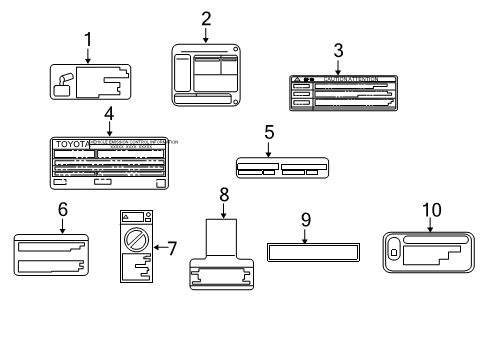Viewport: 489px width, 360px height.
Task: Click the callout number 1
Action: coord(87,40)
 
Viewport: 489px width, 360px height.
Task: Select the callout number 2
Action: coord(205,17)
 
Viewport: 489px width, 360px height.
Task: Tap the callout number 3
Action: coord(338,49)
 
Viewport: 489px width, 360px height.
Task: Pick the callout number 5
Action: coord(269,132)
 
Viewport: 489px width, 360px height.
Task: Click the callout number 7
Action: coord(171,246)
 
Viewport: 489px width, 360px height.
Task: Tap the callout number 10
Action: coord(431,209)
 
